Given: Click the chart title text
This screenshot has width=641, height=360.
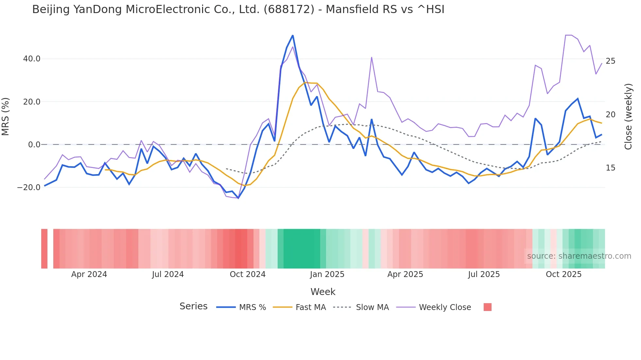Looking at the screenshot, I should click(x=238, y=9).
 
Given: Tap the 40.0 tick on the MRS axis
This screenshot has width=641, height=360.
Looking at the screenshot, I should click(x=32, y=59).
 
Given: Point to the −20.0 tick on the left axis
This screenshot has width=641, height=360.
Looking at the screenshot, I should click(x=29, y=188).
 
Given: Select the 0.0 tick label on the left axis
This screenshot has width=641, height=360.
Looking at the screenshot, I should click(x=34, y=145).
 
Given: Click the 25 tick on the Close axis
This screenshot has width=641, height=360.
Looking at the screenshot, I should click(x=610, y=61).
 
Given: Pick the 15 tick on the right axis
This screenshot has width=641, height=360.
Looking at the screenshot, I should click(x=610, y=168).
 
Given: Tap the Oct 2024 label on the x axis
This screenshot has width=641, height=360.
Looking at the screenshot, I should click(x=248, y=274).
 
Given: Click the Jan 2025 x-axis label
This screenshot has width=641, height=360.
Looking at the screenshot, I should click(x=327, y=274).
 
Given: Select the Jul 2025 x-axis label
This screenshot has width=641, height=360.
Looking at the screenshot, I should click(x=484, y=274).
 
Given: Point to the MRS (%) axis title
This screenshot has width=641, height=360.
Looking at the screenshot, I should click(x=6, y=117).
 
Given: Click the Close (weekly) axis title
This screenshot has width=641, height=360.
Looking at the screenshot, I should click(x=628, y=117).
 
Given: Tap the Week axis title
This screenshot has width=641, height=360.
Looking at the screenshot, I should click(x=323, y=292).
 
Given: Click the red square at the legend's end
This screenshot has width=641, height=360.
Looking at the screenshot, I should click(x=487, y=307).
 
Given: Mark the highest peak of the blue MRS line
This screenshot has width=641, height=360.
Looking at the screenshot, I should click(x=293, y=35).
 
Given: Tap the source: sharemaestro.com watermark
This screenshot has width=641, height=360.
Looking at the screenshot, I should click(x=579, y=256).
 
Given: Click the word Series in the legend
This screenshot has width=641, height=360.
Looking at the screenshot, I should click(x=193, y=306).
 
